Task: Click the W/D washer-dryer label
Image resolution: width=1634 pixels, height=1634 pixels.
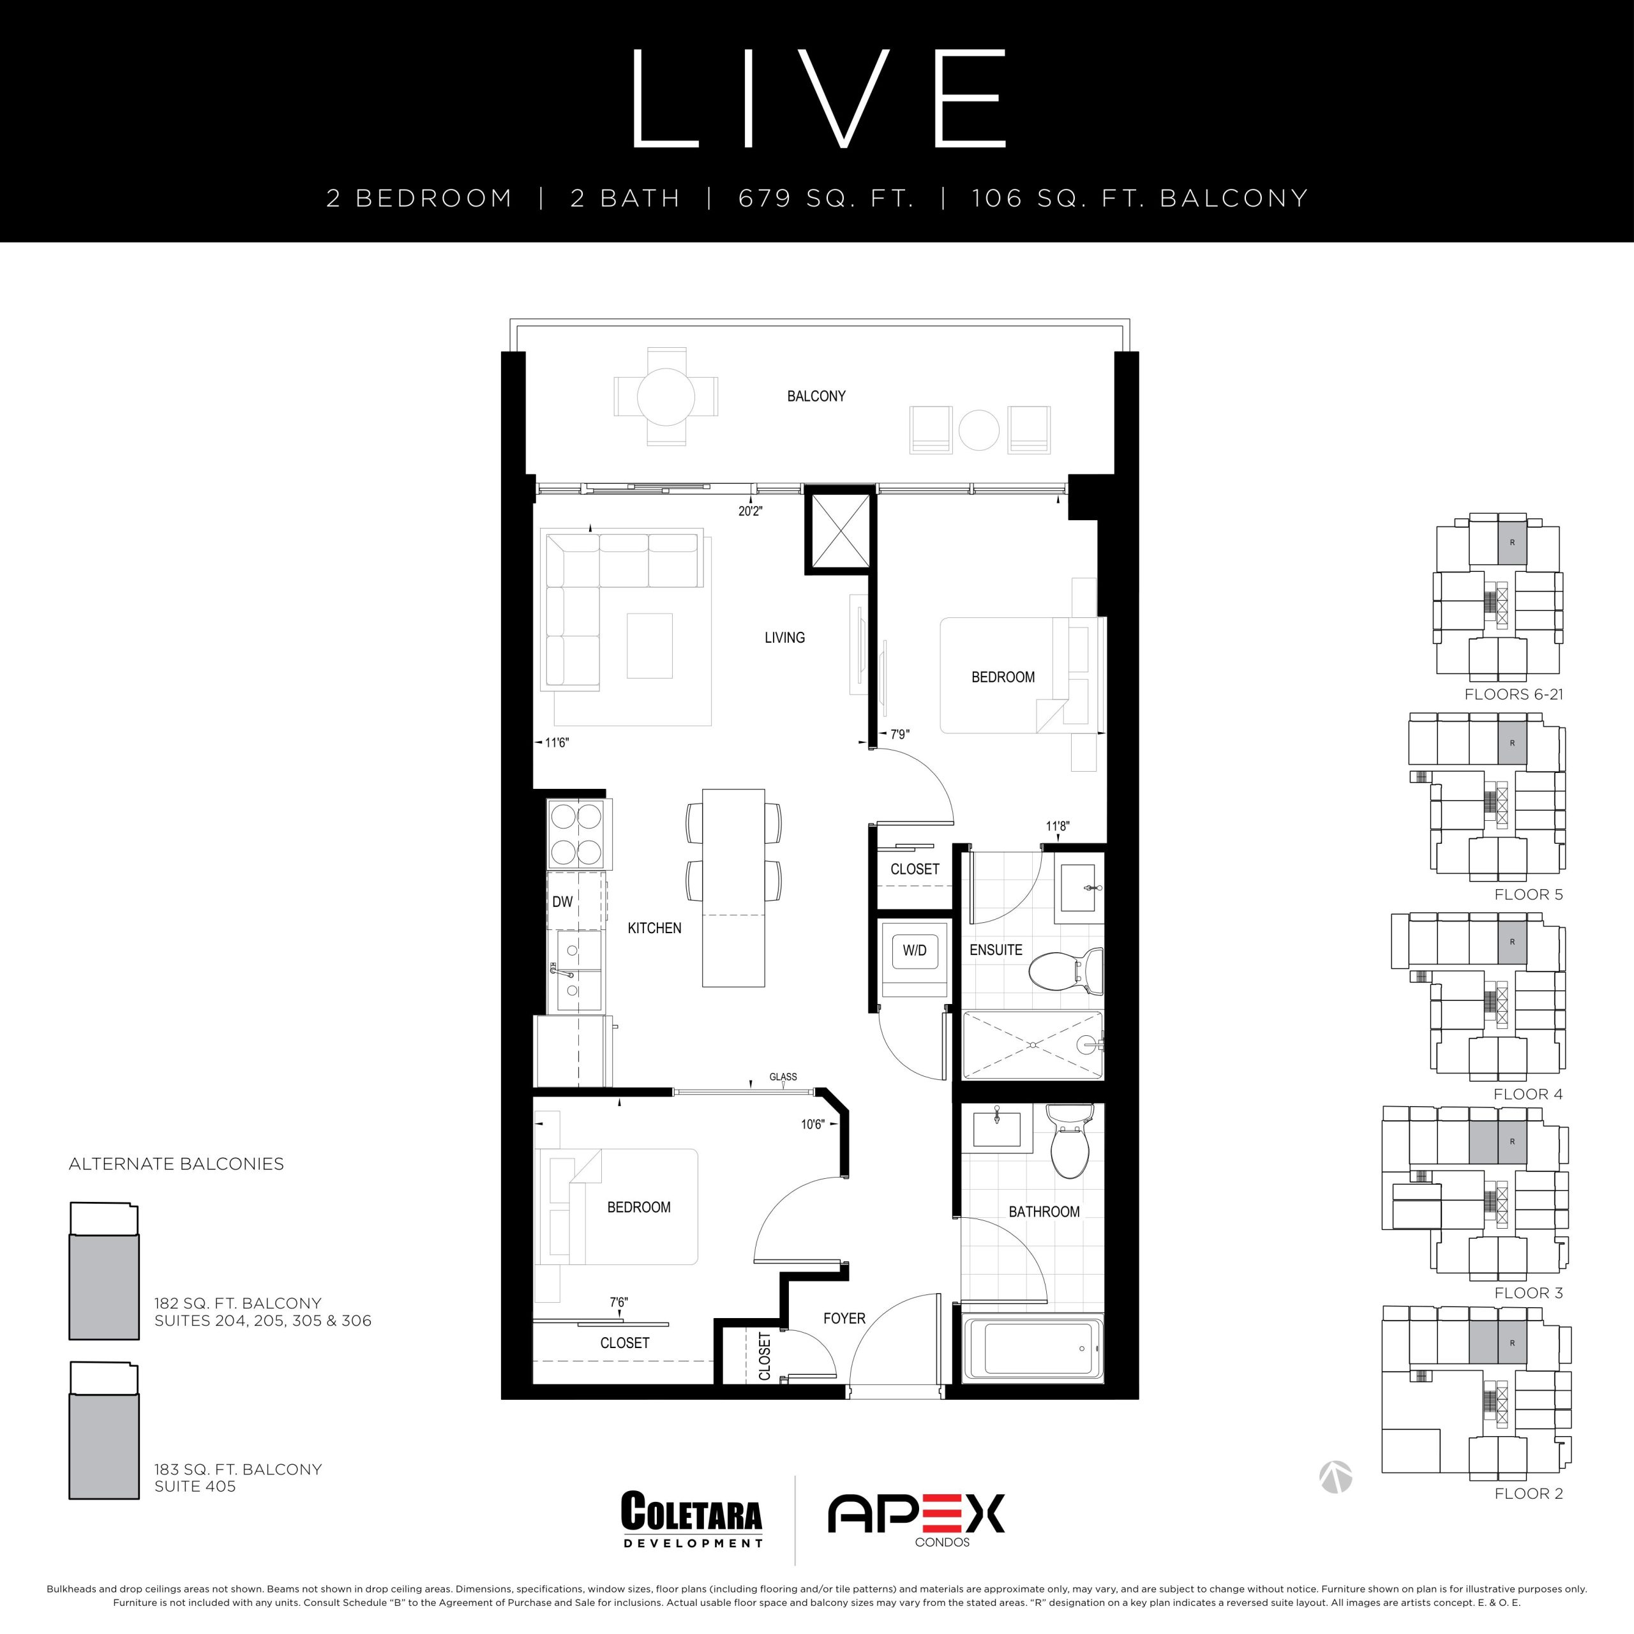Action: coord(914,950)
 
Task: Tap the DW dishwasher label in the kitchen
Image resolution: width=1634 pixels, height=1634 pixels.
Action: coord(562,902)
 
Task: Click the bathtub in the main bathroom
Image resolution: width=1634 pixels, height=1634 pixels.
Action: coord(1033,1348)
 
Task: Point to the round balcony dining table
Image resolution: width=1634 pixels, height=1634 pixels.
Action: coord(666,396)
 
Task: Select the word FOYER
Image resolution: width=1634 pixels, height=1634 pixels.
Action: coord(844,1319)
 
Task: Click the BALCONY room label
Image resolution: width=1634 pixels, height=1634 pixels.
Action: coord(816,396)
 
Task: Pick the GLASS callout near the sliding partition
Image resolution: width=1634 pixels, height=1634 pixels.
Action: coord(783,1077)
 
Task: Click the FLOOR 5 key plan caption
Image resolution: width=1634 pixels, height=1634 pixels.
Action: coord(1528,894)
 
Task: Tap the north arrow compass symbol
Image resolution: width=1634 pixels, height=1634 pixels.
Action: coord(1335,1477)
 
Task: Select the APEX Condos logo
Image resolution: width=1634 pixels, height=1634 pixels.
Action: coord(916,1520)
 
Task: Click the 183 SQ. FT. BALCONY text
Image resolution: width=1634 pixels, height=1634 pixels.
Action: coord(237,1469)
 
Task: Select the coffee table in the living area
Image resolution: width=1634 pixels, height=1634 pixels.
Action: coord(650,645)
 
